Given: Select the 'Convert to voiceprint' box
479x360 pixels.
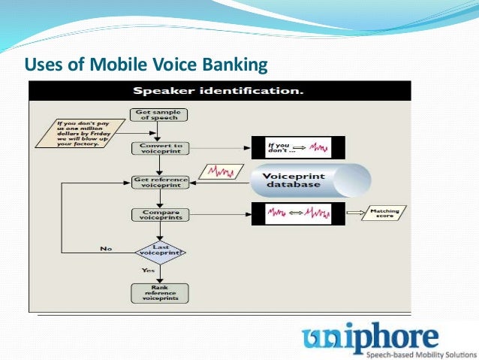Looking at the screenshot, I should (x=158, y=147).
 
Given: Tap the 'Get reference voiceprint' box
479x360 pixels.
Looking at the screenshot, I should (x=158, y=181).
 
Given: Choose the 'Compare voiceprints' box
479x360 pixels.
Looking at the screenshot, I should (x=158, y=215).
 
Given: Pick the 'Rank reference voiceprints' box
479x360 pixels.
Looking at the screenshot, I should (x=158, y=292).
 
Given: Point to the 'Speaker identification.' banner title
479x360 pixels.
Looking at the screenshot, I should (x=218, y=91).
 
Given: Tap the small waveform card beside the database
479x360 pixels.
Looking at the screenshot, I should (x=223, y=171).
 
